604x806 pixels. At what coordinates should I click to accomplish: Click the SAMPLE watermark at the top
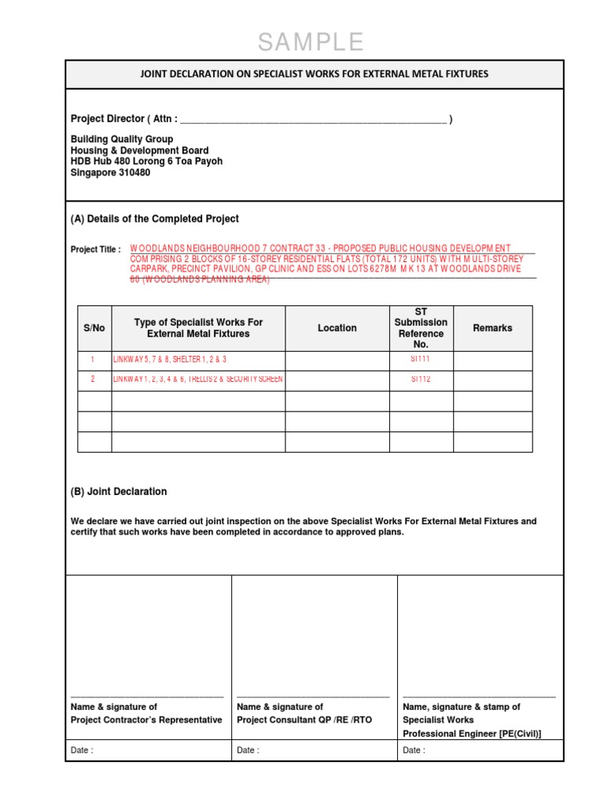(311, 43)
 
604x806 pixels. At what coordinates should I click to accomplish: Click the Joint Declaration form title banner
(314, 74)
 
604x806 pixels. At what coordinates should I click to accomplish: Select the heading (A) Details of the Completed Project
(155, 219)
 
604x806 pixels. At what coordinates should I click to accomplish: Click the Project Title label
(95, 250)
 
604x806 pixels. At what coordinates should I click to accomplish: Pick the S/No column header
(94, 328)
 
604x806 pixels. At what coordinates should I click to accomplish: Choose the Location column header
(337, 328)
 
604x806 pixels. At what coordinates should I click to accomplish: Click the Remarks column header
(492, 328)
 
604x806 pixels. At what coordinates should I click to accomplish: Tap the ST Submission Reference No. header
(421, 328)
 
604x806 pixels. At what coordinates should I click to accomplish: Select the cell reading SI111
(421, 359)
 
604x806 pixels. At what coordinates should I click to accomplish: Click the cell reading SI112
(421, 379)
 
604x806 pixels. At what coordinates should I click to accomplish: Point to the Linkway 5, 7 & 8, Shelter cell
(170, 360)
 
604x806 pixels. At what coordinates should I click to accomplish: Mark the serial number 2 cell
(93, 379)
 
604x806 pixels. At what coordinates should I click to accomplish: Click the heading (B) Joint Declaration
(119, 491)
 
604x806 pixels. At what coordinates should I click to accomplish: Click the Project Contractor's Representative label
(146, 719)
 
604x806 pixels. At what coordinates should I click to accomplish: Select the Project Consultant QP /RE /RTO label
(304, 719)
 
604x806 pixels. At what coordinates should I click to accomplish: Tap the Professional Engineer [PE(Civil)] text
(472, 734)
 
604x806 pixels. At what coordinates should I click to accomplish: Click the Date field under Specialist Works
(481, 750)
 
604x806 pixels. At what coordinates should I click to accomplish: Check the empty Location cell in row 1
(337, 360)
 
